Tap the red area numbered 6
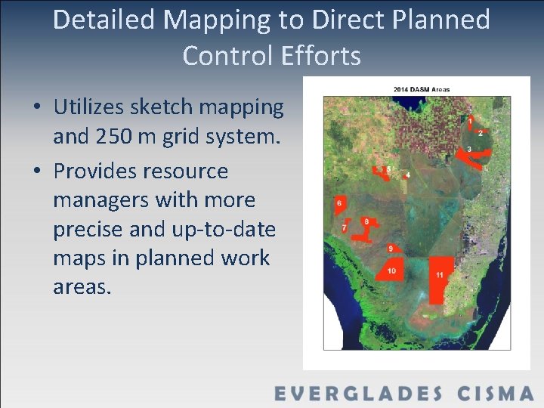(340, 204)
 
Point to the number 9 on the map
(391, 248)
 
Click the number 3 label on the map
(469, 150)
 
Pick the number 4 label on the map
(408, 175)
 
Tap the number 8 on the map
(366, 221)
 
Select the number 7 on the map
(345, 227)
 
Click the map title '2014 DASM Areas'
(421, 89)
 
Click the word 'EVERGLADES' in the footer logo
(358, 394)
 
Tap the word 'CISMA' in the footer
(496, 394)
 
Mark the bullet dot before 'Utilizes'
(37, 108)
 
